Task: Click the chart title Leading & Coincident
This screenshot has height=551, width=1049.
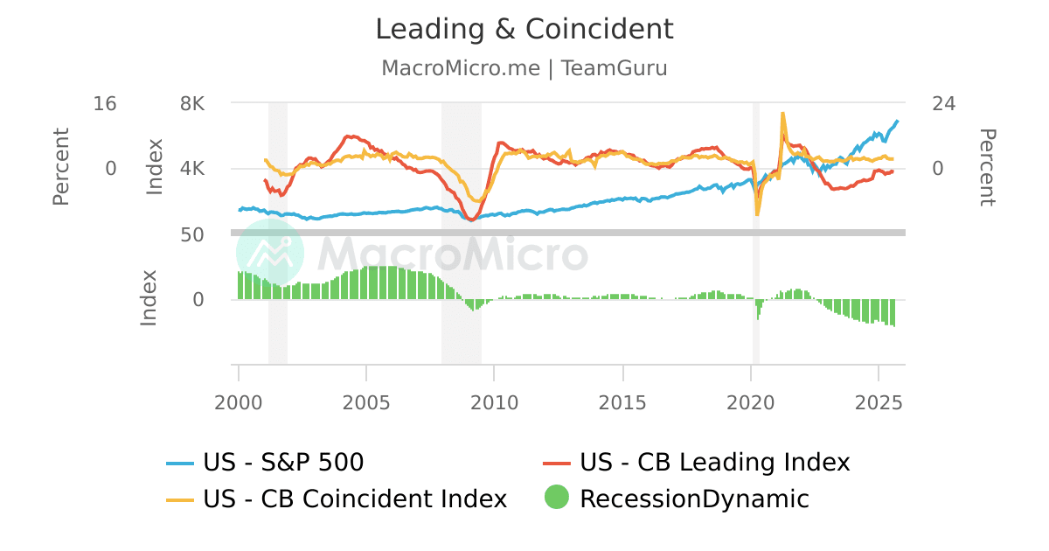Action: click(x=524, y=29)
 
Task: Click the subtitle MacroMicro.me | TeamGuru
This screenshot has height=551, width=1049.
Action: click(x=524, y=68)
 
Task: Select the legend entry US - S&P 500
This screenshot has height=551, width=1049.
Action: click(x=283, y=462)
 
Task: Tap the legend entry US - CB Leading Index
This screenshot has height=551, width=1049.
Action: click(x=714, y=462)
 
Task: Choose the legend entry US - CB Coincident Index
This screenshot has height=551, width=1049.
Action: click(x=355, y=499)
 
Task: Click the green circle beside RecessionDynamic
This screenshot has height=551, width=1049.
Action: click(x=556, y=498)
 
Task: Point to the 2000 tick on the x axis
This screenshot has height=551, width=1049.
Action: click(x=239, y=402)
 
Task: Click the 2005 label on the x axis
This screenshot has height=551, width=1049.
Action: click(x=366, y=402)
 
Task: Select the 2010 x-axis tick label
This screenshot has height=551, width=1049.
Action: click(x=495, y=402)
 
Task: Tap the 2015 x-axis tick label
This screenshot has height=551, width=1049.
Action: click(x=622, y=402)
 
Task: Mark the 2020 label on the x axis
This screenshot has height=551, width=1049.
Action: click(x=751, y=402)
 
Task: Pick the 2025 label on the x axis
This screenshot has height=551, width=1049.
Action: click(x=879, y=402)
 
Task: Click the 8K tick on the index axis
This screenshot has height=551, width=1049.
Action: click(x=192, y=103)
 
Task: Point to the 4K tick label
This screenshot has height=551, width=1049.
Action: click(x=192, y=168)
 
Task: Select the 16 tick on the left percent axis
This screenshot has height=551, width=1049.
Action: click(x=105, y=103)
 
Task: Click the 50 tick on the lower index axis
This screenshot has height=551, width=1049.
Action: click(x=192, y=234)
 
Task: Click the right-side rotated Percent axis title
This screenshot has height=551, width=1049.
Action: click(x=986, y=167)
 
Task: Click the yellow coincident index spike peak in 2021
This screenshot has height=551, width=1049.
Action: click(x=782, y=114)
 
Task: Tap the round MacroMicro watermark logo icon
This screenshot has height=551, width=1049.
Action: click(x=270, y=253)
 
